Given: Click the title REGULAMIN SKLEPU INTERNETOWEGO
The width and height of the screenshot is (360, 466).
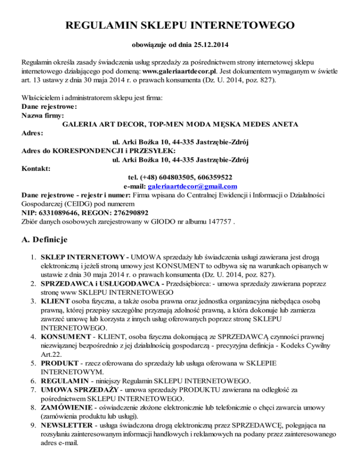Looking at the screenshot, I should (x=180, y=24).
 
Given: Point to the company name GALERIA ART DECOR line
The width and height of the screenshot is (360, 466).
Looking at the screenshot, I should (x=180, y=124).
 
